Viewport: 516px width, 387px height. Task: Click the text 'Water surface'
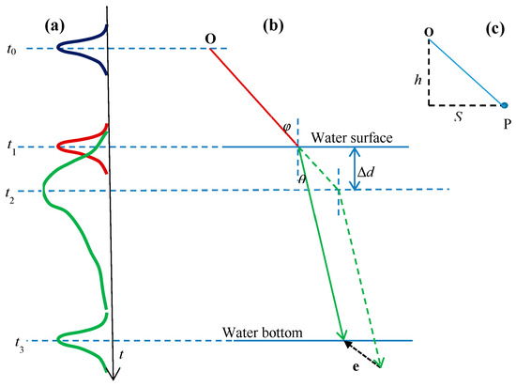tap(352, 137)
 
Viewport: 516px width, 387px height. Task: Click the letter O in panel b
tap(211, 39)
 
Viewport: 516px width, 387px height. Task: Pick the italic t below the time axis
tap(124, 354)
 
